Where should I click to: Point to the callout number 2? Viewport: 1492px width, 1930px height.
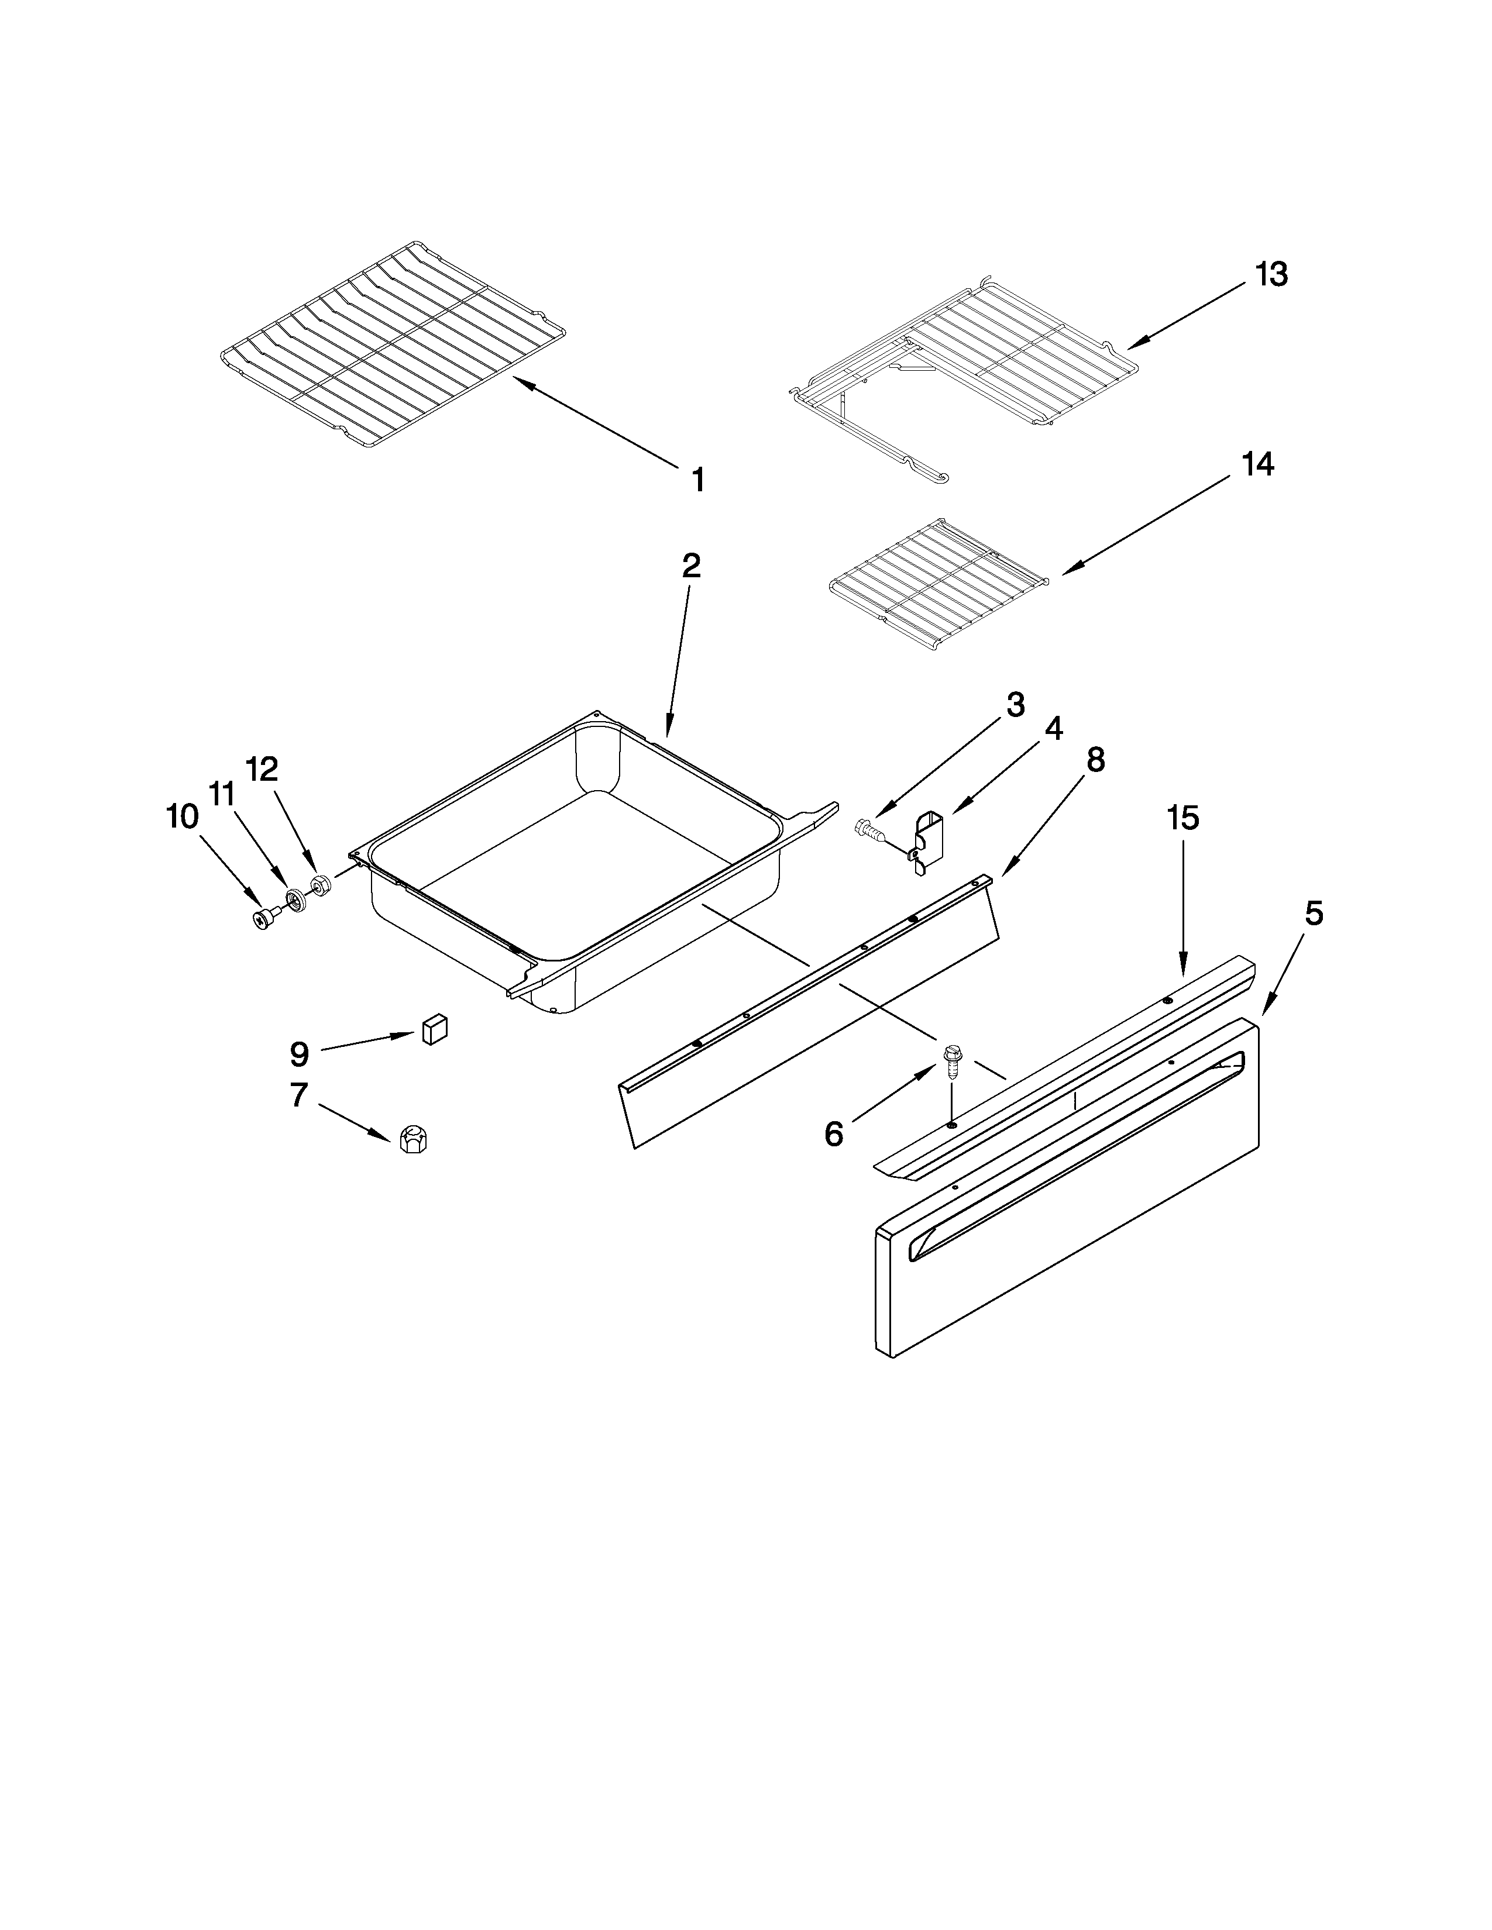coord(691,566)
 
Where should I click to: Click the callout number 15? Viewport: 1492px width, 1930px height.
coord(1182,818)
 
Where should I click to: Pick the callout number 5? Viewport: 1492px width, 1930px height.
coord(1314,914)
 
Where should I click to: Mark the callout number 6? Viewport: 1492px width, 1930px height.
coord(834,1134)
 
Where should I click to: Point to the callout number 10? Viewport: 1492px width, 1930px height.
coord(182,818)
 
